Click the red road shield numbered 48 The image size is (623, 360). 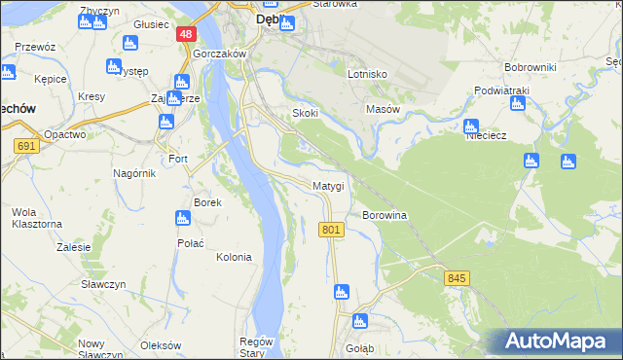pos(186,34)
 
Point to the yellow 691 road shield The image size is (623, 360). pos(26,145)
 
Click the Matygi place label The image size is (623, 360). pos(328,185)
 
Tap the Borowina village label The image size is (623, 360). pos(384,214)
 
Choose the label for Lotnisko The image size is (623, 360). pos(368,74)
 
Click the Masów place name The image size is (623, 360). pos(383,109)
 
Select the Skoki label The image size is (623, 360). pos(306,113)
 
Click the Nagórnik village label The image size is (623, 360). pos(132,172)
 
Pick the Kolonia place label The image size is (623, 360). pos(234,258)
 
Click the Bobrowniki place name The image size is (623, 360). pos(530,67)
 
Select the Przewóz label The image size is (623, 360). pos(35,46)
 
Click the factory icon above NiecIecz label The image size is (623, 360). pos(471,126)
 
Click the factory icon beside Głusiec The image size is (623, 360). pos(129,42)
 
